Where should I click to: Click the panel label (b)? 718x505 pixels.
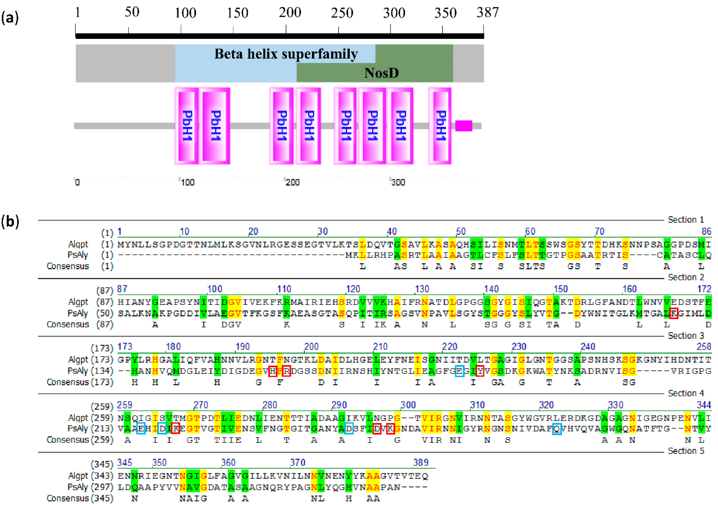[x=10, y=221]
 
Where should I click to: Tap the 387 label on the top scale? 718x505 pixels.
[x=487, y=12]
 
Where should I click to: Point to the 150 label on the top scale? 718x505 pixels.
[x=237, y=13]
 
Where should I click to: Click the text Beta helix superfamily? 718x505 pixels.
[x=286, y=54]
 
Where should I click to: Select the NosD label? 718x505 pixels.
[x=382, y=73]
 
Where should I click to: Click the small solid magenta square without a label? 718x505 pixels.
[x=463, y=126]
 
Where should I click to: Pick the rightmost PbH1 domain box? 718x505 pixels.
[x=440, y=126]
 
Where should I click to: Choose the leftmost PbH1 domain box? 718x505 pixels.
[x=186, y=126]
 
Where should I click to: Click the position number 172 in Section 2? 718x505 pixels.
[x=704, y=289]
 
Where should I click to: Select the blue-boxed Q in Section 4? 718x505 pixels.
[x=557, y=428]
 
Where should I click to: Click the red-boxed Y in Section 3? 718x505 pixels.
[x=480, y=371]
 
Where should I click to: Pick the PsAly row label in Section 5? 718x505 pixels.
[x=78, y=487]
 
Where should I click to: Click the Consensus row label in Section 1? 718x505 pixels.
[x=68, y=266]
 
